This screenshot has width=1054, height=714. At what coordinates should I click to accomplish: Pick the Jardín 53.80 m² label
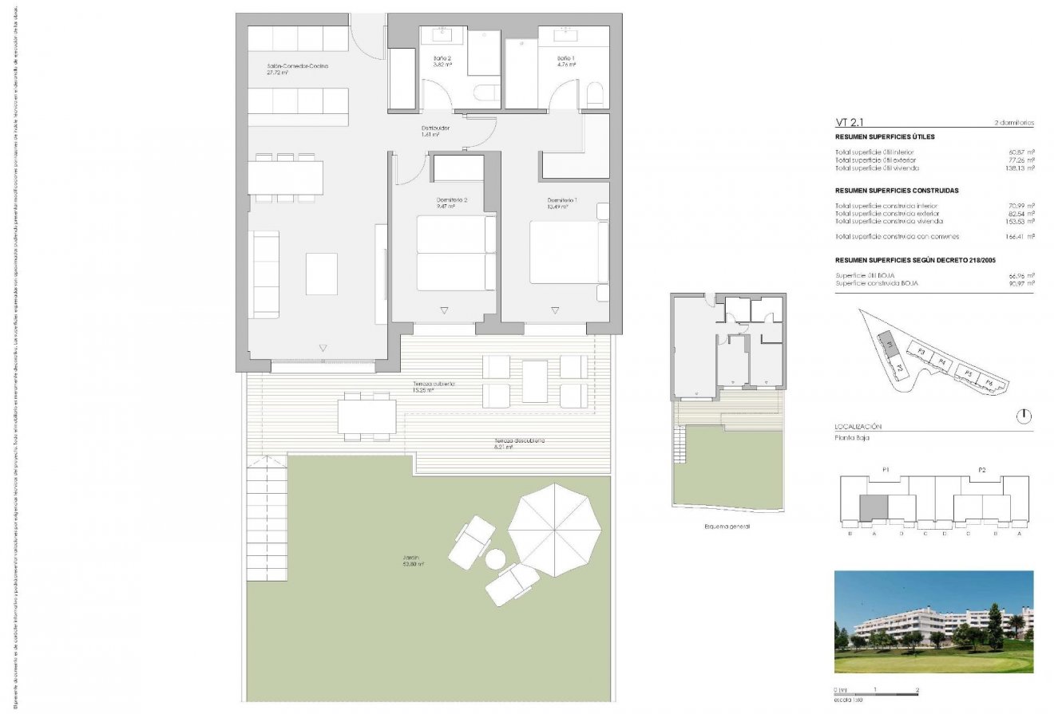pyautogui.click(x=413, y=560)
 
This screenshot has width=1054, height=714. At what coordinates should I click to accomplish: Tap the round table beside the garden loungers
pyautogui.click(x=496, y=558)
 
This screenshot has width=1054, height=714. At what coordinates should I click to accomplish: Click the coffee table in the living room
pyautogui.click(x=322, y=274)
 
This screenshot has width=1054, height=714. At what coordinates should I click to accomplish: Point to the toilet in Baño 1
pyautogui.click(x=594, y=97)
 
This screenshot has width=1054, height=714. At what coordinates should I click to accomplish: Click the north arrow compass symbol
pyautogui.click(x=1025, y=416)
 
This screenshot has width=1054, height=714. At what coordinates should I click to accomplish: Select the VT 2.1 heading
pyautogui.click(x=851, y=123)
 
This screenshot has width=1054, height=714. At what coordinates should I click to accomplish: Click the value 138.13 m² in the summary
pyautogui.click(x=1020, y=168)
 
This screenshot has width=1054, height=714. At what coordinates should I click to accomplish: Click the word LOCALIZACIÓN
pyautogui.click(x=858, y=428)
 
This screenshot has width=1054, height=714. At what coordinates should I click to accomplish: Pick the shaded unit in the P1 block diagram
pyautogui.click(x=873, y=507)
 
